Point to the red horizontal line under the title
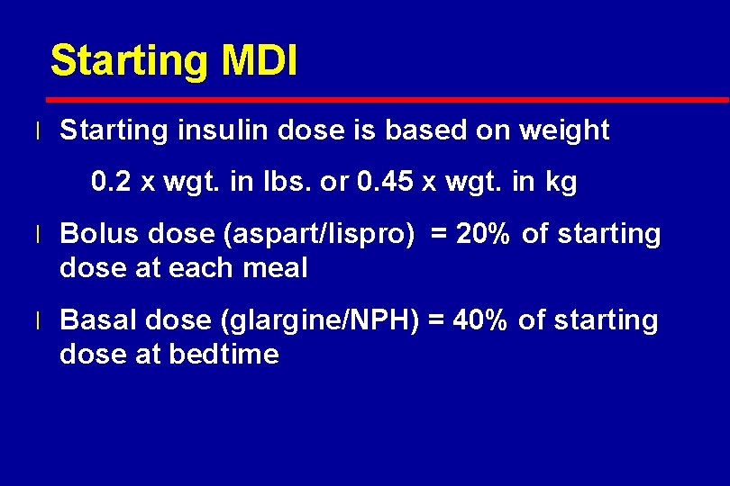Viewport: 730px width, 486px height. click(388, 98)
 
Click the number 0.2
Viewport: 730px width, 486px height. click(111, 184)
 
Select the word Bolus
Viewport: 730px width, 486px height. click(99, 234)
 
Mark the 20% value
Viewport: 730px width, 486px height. click(485, 234)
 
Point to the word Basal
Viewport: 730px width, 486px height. click(99, 320)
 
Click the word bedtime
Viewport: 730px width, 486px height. click(224, 354)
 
